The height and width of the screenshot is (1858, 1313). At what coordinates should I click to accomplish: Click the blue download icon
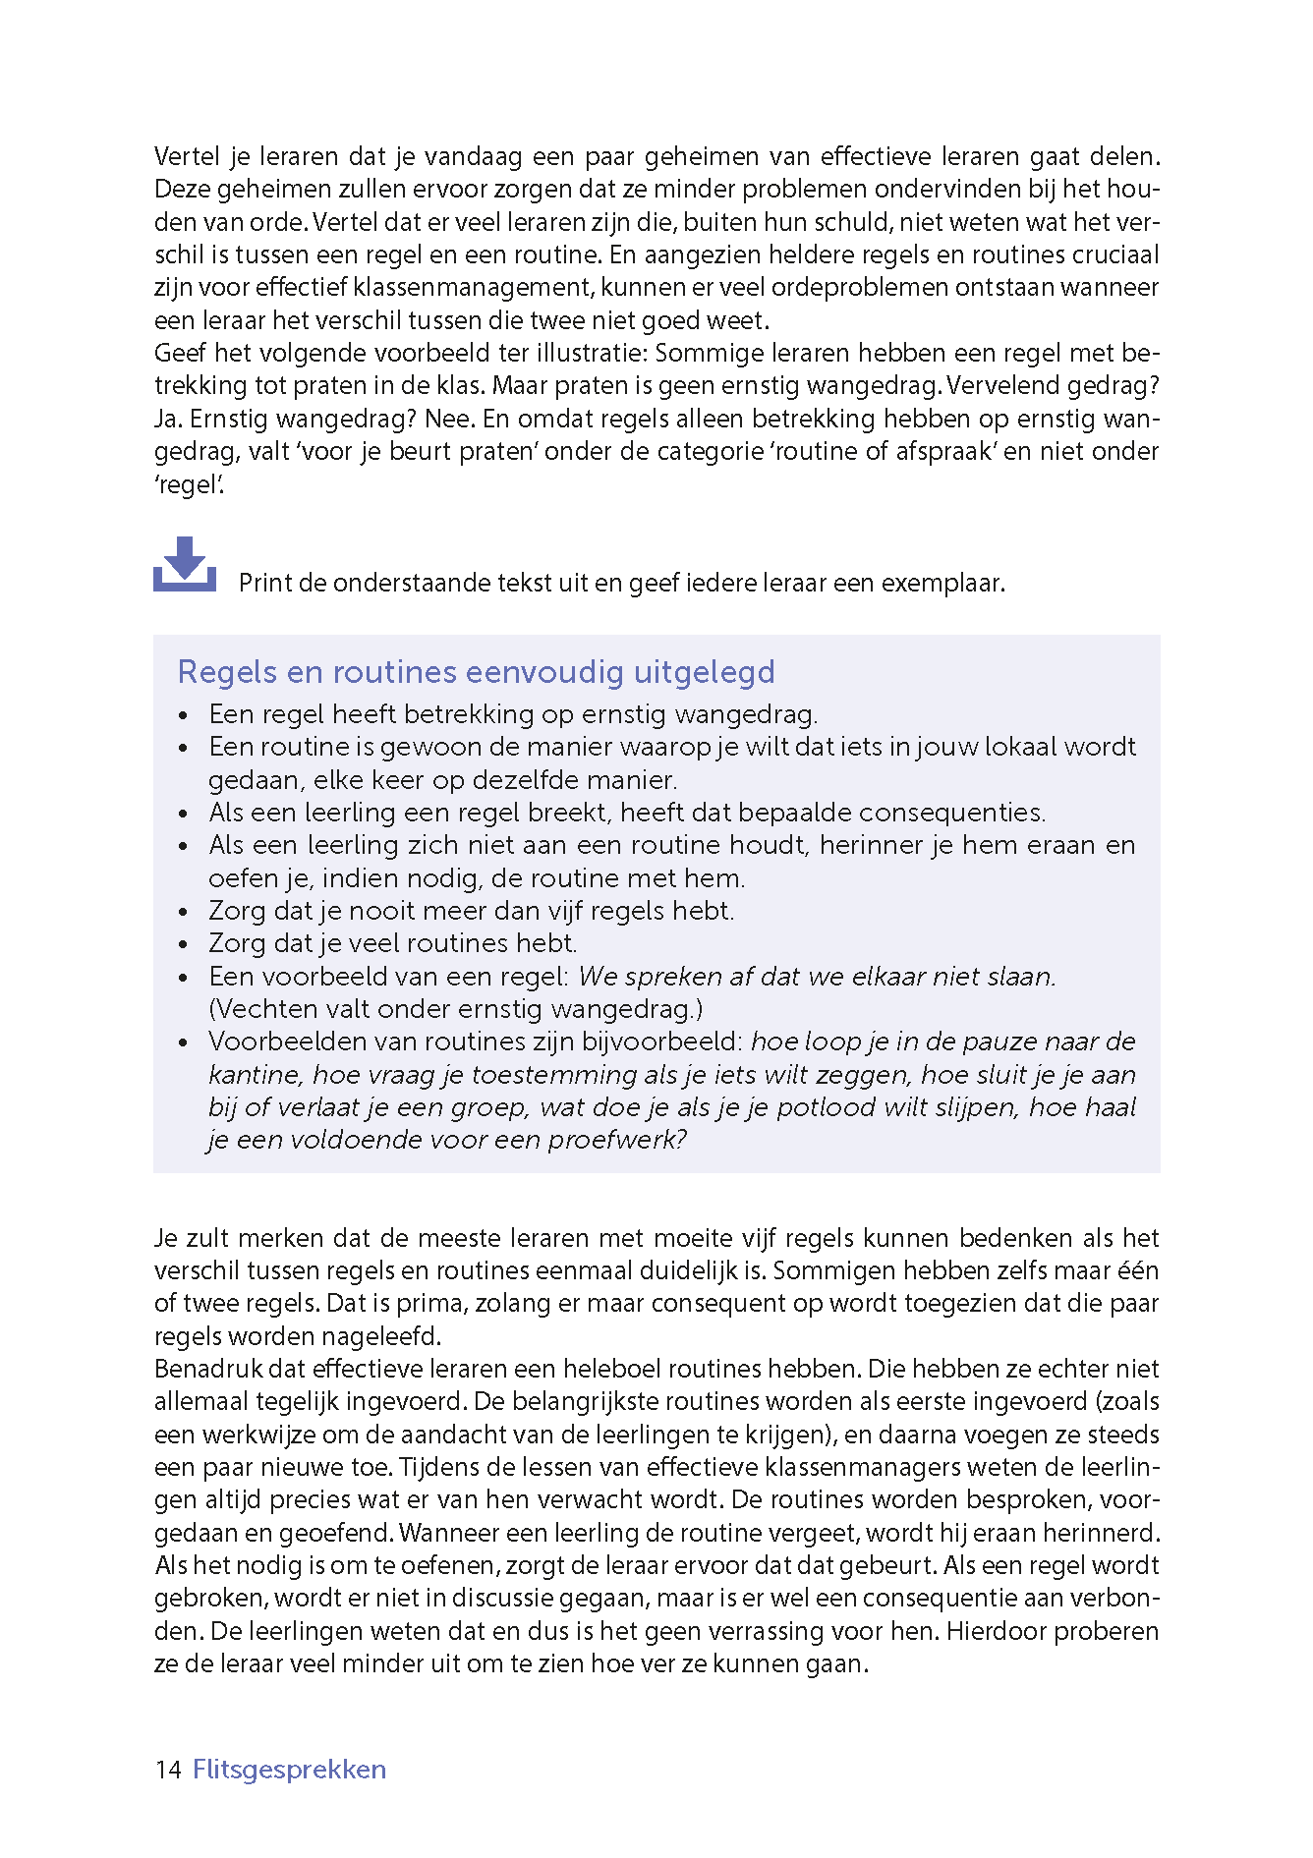coord(185,565)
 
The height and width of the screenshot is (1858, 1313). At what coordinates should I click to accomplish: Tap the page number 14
coord(168,1770)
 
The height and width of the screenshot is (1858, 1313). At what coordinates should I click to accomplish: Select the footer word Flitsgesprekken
coord(289,1770)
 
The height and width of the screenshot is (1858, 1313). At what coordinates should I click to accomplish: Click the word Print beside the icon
coord(265,584)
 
